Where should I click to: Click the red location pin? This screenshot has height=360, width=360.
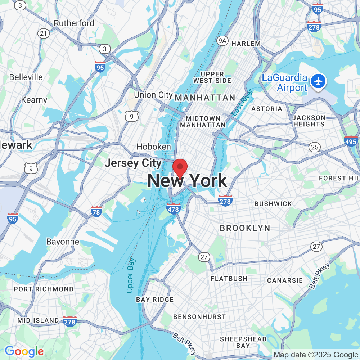(180, 167)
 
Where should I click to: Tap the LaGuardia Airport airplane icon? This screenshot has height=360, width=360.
(318, 81)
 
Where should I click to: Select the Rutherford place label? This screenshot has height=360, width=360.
(74, 23)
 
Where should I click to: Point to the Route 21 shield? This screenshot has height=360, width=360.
(44, 33)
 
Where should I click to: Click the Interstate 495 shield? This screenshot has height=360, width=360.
(351, 141)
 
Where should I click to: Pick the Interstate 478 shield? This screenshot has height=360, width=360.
(174, 208)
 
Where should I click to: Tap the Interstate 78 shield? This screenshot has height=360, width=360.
(96, 211)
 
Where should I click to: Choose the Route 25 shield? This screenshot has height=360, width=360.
(315, 147)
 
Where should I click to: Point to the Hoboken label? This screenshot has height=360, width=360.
(154, 147)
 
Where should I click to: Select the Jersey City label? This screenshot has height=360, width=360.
(133, 163)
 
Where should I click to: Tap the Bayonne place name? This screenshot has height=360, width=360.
(63, 242)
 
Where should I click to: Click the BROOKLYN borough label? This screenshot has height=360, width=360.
(245, 228)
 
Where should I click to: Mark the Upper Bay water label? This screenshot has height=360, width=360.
(130, 275)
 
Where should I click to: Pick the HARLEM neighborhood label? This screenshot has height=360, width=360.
(246, 44)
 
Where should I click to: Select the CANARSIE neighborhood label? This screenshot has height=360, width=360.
(285, 280)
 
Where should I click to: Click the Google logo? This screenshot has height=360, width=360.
(24, 351)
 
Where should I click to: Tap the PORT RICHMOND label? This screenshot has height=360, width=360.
(44, 289)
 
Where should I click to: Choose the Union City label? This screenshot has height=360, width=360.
(153, 95)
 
